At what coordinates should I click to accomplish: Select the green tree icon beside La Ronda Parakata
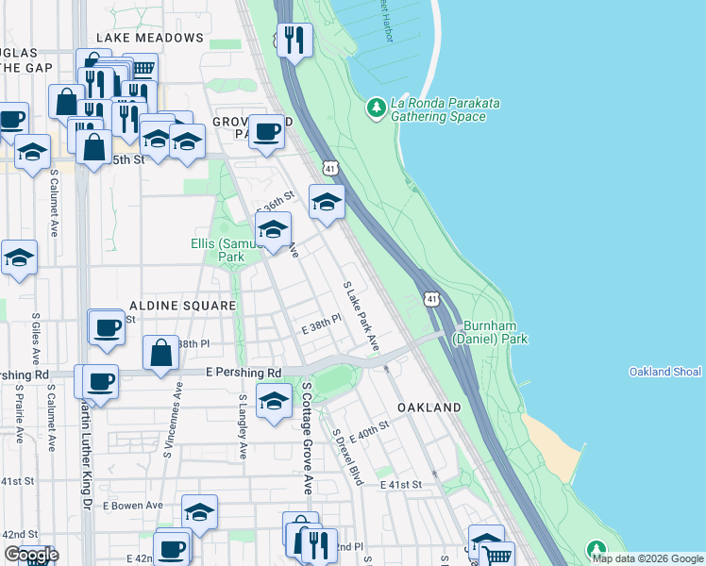click(x=377, y=108)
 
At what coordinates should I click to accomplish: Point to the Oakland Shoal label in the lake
click(x=665, y=372)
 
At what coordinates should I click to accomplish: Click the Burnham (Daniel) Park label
click(x=489, y=331)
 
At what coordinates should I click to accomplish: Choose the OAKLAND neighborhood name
click(x=429, y=408)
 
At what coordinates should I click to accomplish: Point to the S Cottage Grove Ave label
click(x=306, y=438)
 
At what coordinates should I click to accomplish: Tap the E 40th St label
click(x=369, y=433)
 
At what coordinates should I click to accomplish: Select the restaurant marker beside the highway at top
click(x=294, y=40)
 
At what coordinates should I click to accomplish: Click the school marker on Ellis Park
click(x=273, y=229)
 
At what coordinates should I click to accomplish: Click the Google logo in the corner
click(x=30, y=555)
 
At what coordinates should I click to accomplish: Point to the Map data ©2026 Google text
click(x=647, y=558)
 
